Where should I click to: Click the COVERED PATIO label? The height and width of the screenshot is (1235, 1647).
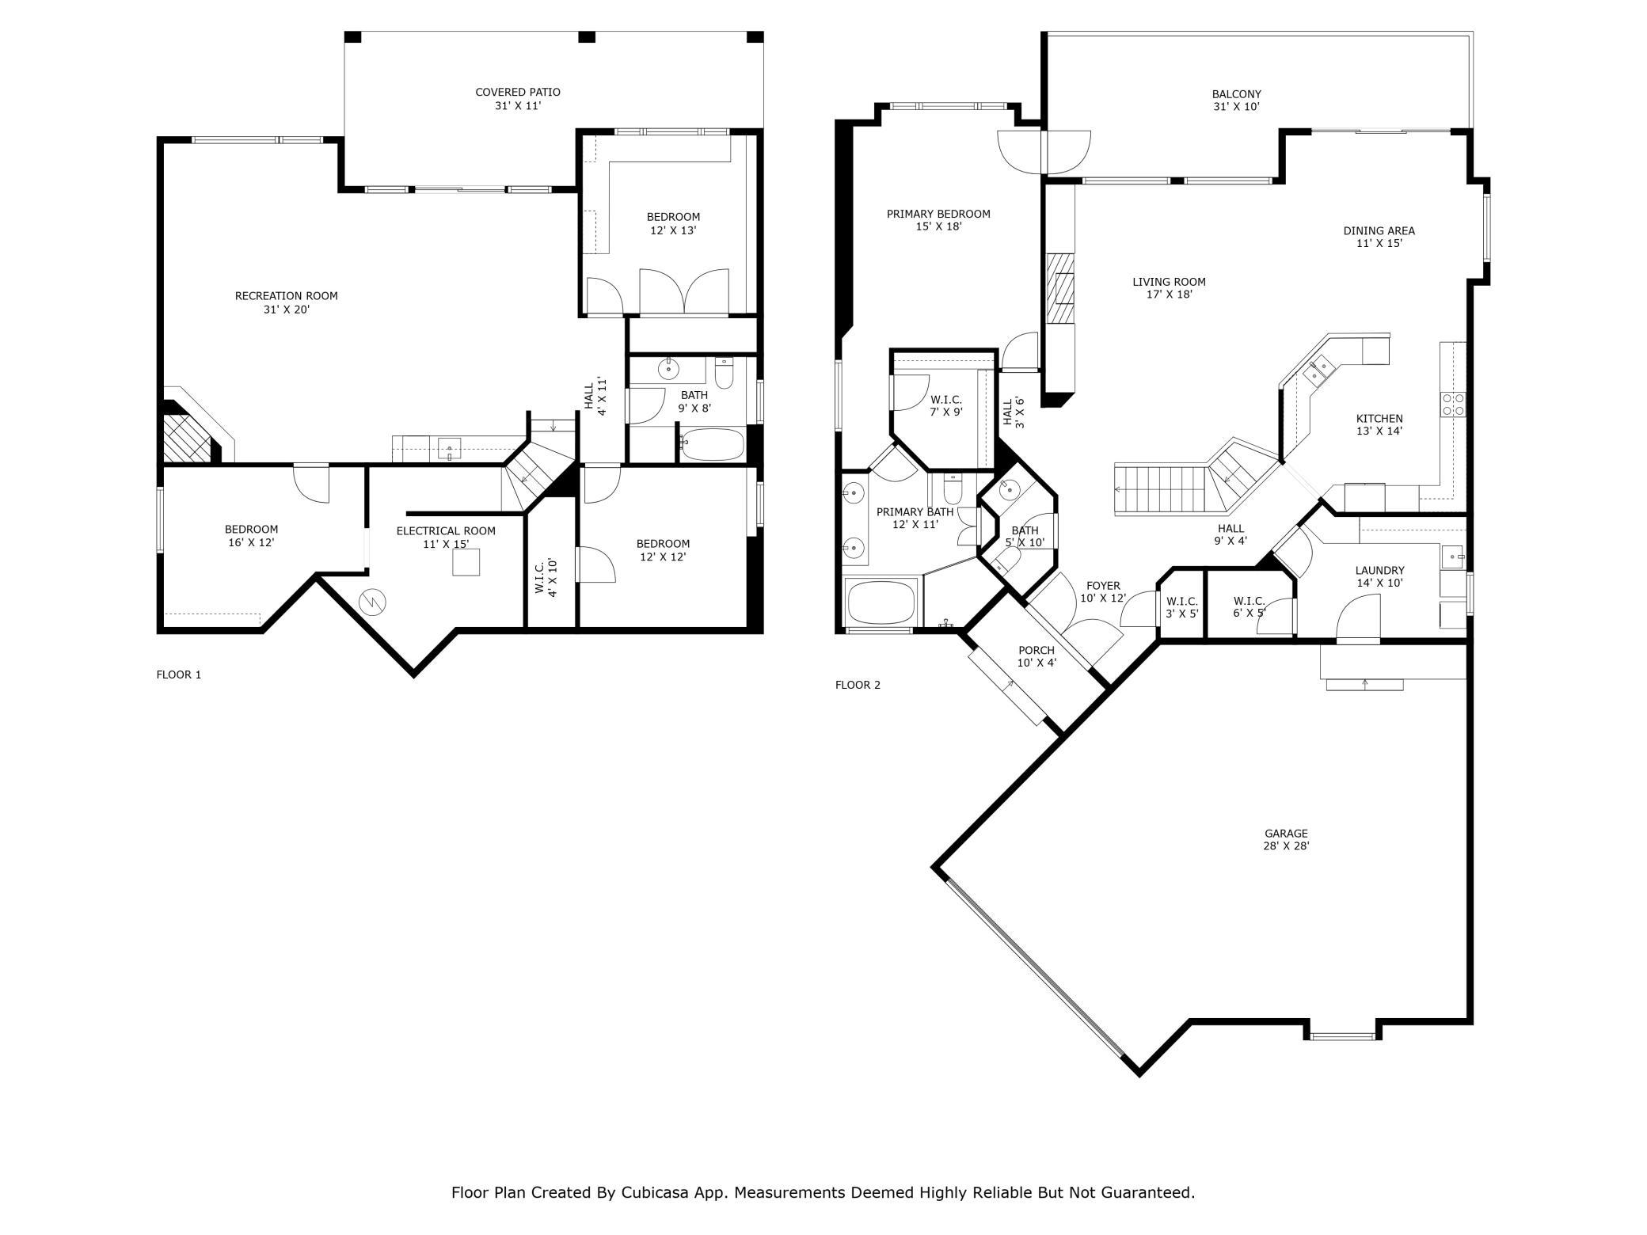(x=518, y=93)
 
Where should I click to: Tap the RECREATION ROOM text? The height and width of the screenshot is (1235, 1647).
(x=287, y=296)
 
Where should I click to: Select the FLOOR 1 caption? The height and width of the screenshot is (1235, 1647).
(x=179, y=674)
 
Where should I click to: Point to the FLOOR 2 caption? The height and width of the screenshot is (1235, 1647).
(x=858, y=685)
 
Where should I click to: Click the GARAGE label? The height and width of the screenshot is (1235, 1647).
(x=1286, y=834)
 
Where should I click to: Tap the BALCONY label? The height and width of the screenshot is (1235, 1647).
(x=1237, y=93)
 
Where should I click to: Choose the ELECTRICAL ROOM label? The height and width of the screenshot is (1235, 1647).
(x=446, y=530)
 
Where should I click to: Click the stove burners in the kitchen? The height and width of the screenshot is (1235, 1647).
(x=1453, y=405)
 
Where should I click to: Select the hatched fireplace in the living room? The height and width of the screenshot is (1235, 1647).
(x=1061, y=289)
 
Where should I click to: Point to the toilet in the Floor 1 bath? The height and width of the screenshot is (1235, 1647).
(x=725, y=372)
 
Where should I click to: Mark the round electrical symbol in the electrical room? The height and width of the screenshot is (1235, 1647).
(x=371, y=602)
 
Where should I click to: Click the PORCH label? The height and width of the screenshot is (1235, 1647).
(x=1037, y=651)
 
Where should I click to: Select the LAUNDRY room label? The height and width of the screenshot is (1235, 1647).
(x=1379, y=570)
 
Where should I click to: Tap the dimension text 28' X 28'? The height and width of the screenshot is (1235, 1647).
(x=1286, y=845)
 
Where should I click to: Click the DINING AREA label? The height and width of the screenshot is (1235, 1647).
(x=1379, y=231)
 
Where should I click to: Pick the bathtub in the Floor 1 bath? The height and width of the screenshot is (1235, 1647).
(x=713, y=444)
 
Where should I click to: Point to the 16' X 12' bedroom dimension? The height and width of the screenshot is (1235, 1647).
(x=251, y=542)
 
